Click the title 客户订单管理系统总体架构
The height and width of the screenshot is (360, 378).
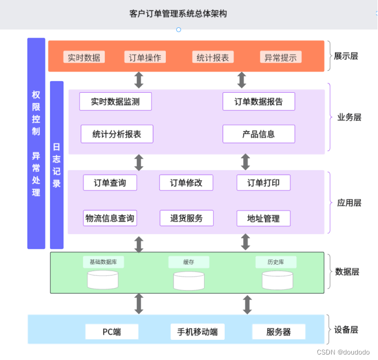[x=178, y=13]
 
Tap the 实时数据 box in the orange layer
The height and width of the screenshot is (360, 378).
[x=84, y=57]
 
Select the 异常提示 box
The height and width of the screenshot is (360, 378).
[x=280, y=57]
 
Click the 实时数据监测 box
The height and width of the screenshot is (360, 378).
[x=115, y=101]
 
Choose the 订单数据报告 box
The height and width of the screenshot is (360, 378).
[x=259, y=101]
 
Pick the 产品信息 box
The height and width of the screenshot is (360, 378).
[x=259, y=134]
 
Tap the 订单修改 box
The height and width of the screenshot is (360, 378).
[x=186, y=183]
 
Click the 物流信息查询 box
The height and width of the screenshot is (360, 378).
[x=110, y=218]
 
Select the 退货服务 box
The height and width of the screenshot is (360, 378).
[x=186, y=218]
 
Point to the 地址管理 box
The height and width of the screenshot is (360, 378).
[x=263, y=219]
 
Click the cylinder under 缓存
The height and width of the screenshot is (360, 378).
[x=189, y=280]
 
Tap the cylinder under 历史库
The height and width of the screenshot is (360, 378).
[x=277, y=280]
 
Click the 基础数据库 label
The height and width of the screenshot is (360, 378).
[x=103, y=262]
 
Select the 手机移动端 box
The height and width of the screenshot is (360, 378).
[x=197, y=332]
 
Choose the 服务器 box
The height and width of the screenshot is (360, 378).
[x=278, y=332]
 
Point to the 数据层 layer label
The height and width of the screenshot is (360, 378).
[x=347, y=272]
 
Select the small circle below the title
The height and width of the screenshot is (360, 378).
[x=178, y=29]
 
